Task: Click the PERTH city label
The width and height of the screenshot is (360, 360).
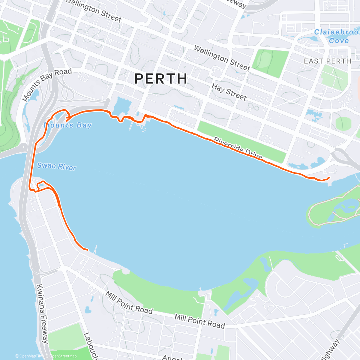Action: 161,79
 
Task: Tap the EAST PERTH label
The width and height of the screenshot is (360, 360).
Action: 327,61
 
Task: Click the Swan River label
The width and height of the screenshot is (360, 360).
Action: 56,166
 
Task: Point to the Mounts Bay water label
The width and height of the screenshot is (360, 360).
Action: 68,125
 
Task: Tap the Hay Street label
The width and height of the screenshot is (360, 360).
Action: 229,92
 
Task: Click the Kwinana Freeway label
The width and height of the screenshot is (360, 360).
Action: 42,313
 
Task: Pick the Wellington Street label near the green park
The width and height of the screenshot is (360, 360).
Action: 222,58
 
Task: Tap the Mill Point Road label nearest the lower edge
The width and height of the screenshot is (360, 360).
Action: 199,321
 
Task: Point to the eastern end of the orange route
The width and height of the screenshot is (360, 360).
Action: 329,178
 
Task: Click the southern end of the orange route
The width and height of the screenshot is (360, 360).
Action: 87,250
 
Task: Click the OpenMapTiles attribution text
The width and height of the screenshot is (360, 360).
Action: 29,356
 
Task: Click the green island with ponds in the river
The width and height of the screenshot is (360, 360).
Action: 333,210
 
